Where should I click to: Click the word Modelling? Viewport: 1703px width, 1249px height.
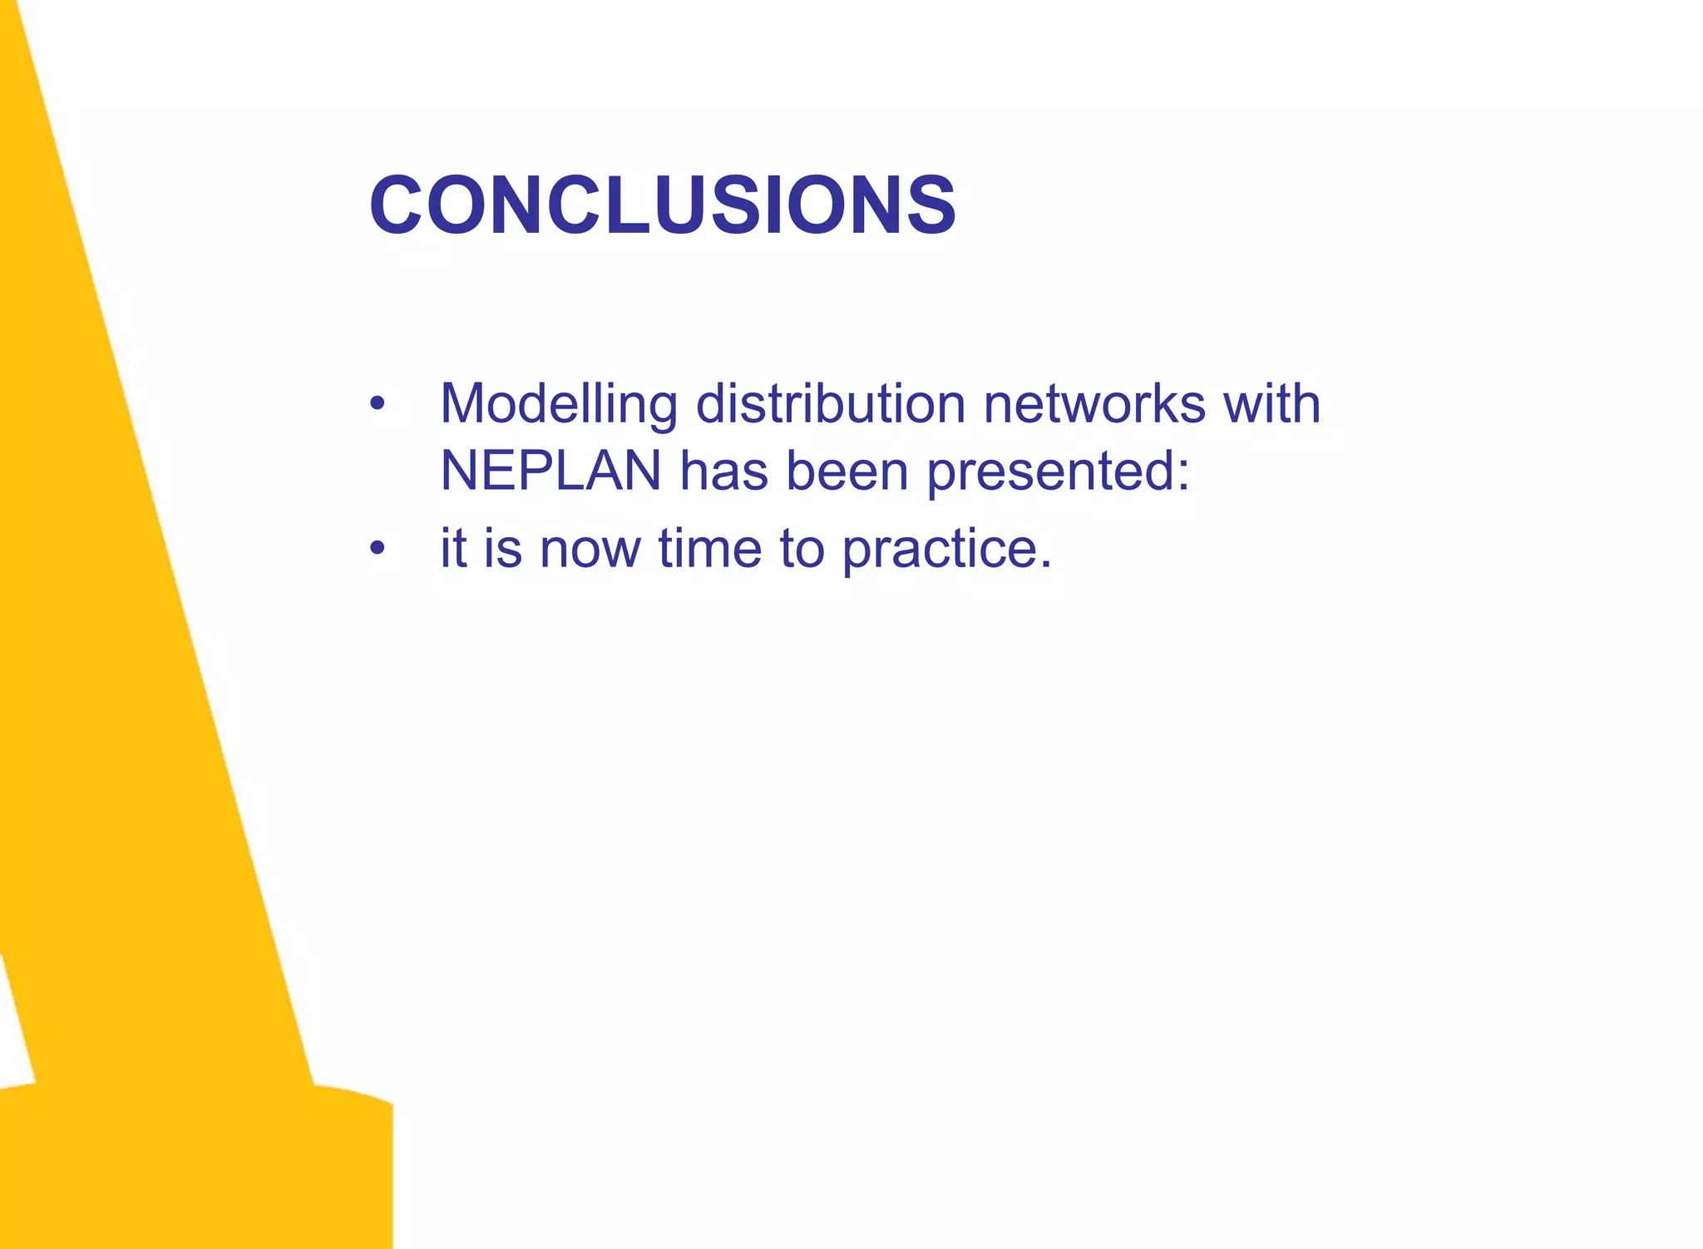pos(558,405)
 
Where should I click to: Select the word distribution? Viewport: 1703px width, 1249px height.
pos(830,405)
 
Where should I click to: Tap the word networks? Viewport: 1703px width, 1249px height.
pos(1093,405)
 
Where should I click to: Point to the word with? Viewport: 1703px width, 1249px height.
pos(1271,405)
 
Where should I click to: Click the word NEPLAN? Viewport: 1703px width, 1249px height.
pos(550,471)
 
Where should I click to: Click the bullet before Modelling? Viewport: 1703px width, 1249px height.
pos(378,405)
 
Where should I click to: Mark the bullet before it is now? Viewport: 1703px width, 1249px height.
pos(378,548)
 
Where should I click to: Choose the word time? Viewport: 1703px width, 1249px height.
pos(710,549)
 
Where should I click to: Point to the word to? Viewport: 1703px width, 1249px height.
pos(802,549)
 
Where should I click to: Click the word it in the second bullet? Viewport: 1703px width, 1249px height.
pos(452,549)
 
